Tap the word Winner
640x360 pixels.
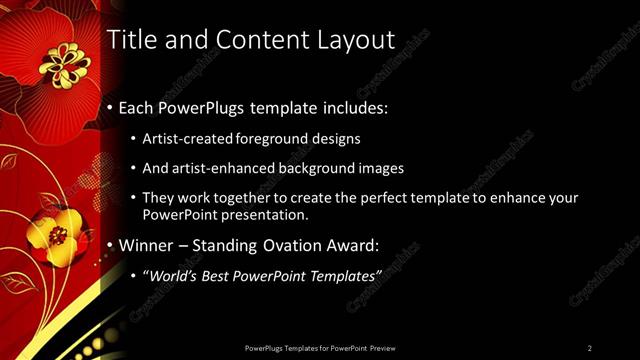click(147, 244)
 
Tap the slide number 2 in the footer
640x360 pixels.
click(589, 348)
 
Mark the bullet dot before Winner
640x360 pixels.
click(109, 245)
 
